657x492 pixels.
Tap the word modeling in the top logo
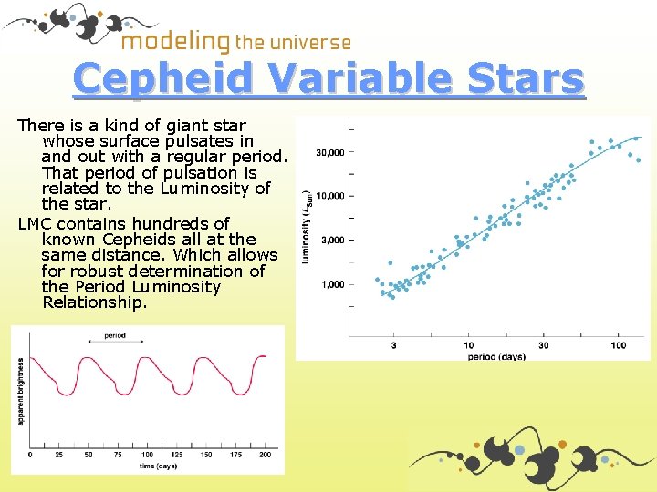pos(175,41)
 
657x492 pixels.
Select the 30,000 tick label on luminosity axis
pos(329,152)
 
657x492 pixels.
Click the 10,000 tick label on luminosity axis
pos(329,196)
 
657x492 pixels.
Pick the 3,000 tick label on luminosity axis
pos(332,240)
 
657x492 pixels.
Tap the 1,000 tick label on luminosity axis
pos(332,284)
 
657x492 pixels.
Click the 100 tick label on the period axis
pos(618,345)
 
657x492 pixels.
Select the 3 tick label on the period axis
pos(393,345)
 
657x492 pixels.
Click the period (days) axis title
pos(496,356)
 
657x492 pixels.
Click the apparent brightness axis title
pos(20,393)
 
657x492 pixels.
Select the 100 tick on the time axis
pos(148,454)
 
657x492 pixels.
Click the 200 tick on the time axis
pos(266,454)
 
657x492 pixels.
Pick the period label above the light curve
pos(115,335)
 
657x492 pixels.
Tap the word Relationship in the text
pos(94,302)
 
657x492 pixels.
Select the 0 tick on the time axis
pos(30,454)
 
